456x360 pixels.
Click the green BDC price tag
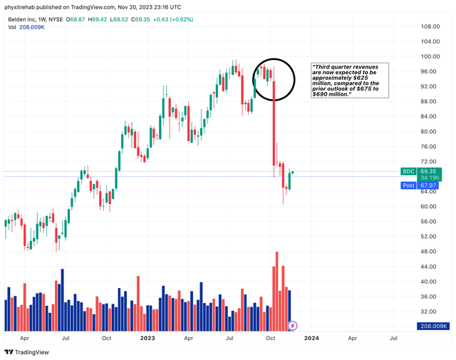point(408,172)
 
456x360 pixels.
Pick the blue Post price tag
point(408,185)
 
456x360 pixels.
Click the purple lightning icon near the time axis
point(292,326)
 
